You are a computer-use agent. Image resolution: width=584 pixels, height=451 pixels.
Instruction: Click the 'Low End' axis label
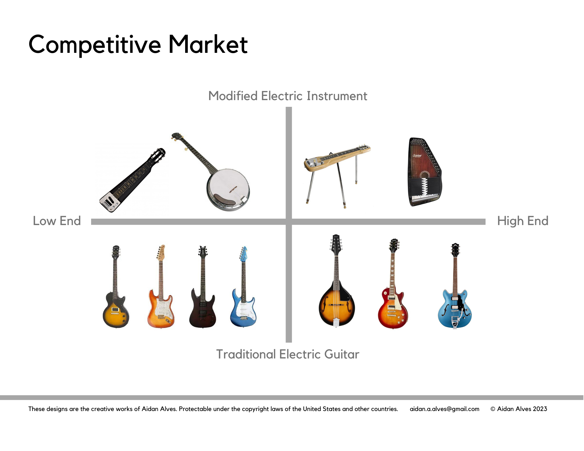point(57,221)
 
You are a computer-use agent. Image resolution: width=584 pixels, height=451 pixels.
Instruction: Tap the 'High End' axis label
point(523,221)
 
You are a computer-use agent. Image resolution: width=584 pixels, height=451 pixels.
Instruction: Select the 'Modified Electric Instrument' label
point(288,96)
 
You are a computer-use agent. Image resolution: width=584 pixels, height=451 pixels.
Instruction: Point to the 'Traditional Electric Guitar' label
point(288,354)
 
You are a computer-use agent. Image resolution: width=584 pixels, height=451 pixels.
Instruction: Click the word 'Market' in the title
point(208,44)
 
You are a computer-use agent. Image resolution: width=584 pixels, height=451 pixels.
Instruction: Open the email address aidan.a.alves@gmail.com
point(444,409)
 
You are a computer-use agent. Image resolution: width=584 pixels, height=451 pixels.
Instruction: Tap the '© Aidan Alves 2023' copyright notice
point(519,409)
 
